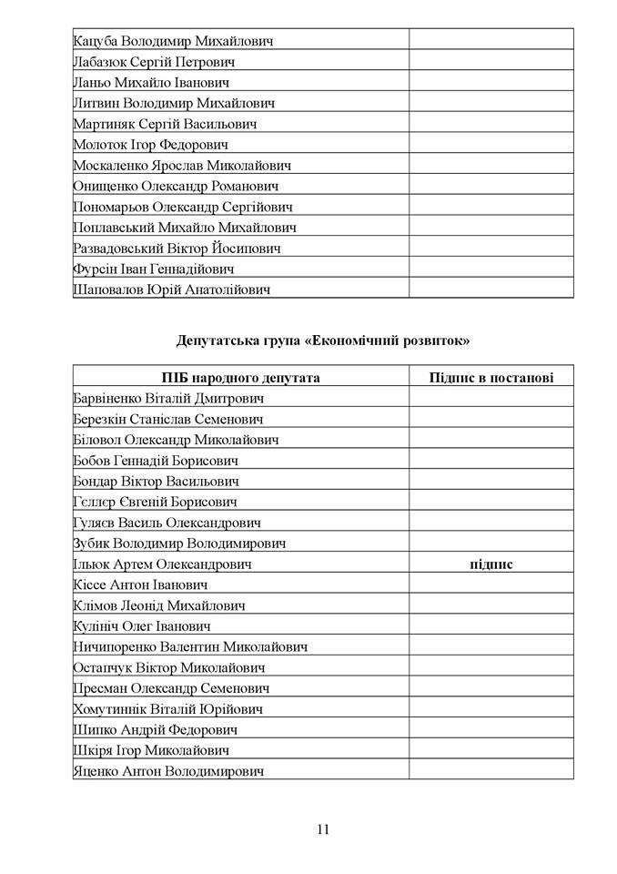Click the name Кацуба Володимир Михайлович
(x=172, y=41)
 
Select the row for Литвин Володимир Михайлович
(x=173, y=103)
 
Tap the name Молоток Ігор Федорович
(x=150, y=145)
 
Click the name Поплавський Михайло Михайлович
(x=184, y=228)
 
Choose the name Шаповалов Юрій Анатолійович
(x=171, y=290)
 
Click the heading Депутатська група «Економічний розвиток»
(x=323, y=341)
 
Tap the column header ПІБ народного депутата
(x=241, y=378)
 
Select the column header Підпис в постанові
(x=491, y=378)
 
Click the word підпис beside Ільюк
(x=491, y=564)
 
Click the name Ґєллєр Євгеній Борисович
(x=155, y=502)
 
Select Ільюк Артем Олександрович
(x=162, y=564)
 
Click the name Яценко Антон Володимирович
(x=167, y=771)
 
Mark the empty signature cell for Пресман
(x=491, y=688)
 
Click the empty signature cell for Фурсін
(x=491, y=269)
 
